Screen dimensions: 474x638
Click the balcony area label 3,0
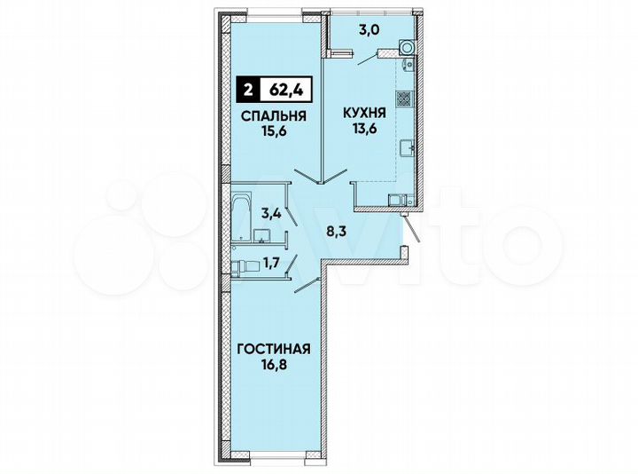point(370,29)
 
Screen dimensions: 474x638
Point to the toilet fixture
point(239,265)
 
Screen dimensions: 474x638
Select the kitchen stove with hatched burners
point(404,99)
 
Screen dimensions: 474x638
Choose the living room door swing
point(306,284)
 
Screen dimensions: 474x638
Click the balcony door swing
point(365,59)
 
